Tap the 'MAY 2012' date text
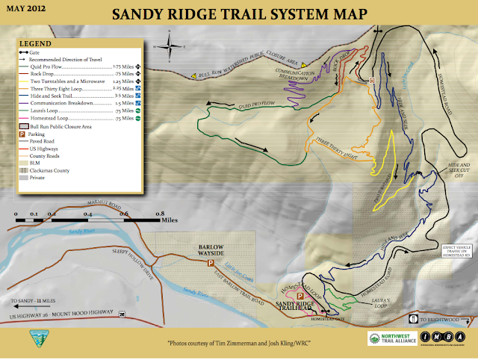(x=26, y=10)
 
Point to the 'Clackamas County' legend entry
(x=49, y=170)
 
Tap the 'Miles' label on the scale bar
(x=170, y=221)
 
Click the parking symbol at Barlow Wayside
(x=211, y=264)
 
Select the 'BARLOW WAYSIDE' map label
(x=211, y=249)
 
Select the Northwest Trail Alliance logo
(x=392, y=339)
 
